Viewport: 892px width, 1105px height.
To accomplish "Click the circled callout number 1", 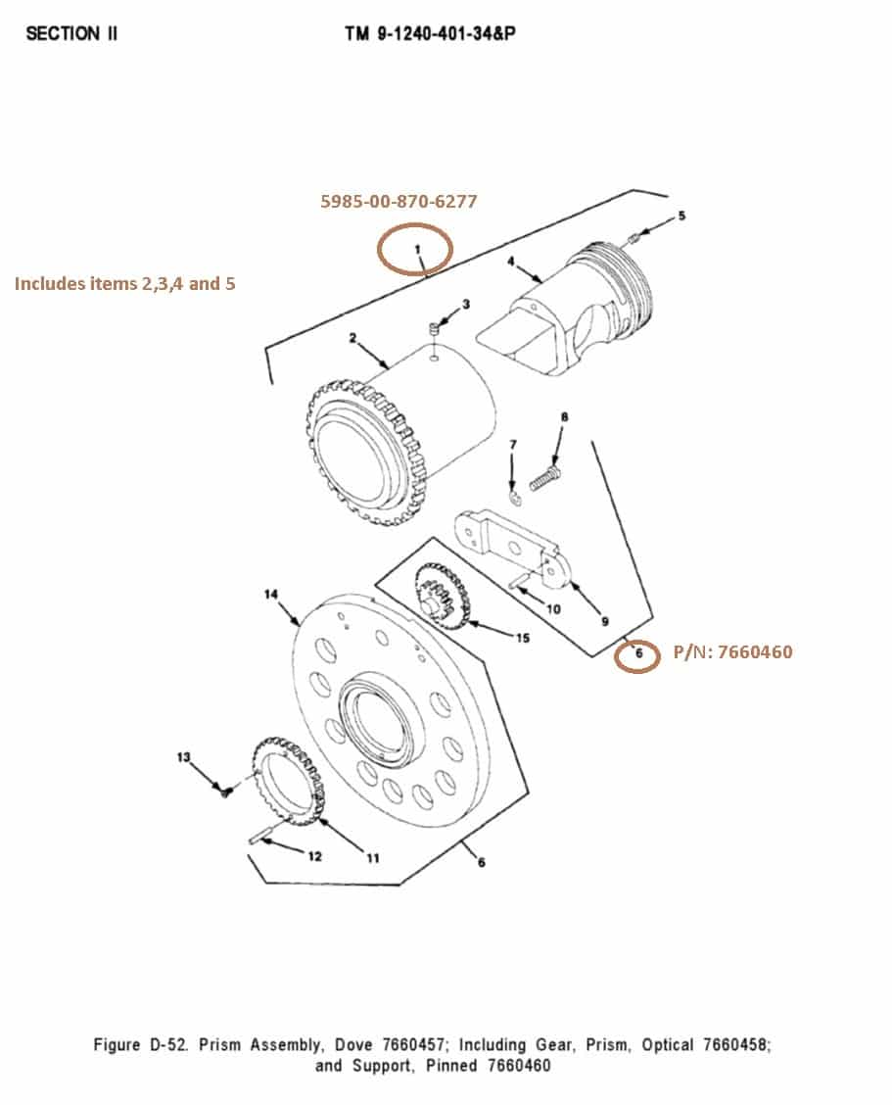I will pos(416,249).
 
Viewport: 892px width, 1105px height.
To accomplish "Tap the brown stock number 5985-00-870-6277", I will pos(399,202).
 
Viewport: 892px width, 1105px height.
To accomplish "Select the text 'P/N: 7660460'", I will pos(732,651).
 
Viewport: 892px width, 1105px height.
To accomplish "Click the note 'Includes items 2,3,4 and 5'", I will pos(124,285).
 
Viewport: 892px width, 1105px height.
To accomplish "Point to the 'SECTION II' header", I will pos(71,33).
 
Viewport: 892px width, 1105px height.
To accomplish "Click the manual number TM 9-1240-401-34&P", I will pos(430,33).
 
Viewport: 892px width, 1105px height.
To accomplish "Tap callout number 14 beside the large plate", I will pos(271,594).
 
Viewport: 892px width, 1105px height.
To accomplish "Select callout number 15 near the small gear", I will pos(522,638).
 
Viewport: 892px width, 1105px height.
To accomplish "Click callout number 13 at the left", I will pos(182,757).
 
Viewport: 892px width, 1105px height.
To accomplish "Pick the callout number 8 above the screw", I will pos(564,417).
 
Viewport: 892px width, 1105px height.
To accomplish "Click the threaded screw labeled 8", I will pos(543,479).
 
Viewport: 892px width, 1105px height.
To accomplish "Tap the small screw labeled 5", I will pos(636,236).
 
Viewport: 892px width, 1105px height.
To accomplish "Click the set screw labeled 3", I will pos(434,326).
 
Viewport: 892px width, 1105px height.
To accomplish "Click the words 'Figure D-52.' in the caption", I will pos(141,1045).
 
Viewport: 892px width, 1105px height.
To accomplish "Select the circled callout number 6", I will pos(638,653).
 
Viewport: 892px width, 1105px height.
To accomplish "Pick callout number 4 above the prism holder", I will pos(510,262).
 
